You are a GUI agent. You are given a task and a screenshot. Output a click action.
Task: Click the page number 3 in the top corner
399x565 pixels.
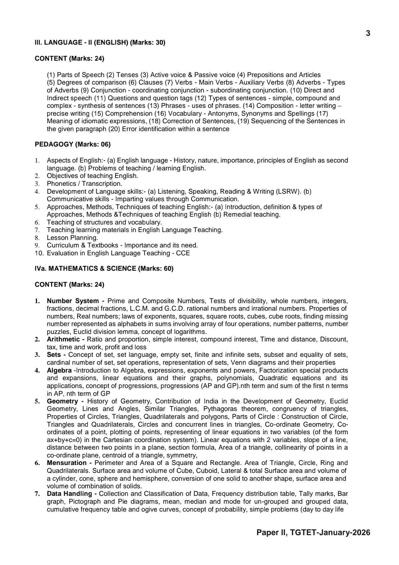click(x=368, y=33)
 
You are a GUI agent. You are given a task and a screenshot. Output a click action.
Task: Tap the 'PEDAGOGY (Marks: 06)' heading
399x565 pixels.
click(x=73, y=144)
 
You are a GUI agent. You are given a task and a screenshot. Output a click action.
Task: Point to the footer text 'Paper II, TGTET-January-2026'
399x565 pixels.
click(x=313, y=532)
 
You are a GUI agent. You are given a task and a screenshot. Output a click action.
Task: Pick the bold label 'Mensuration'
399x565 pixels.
click(x=67, y=463)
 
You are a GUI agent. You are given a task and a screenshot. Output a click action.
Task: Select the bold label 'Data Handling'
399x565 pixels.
click(x=69, y=494)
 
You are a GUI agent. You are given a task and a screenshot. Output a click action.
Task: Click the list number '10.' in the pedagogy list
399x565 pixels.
click(x=39, y=253)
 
